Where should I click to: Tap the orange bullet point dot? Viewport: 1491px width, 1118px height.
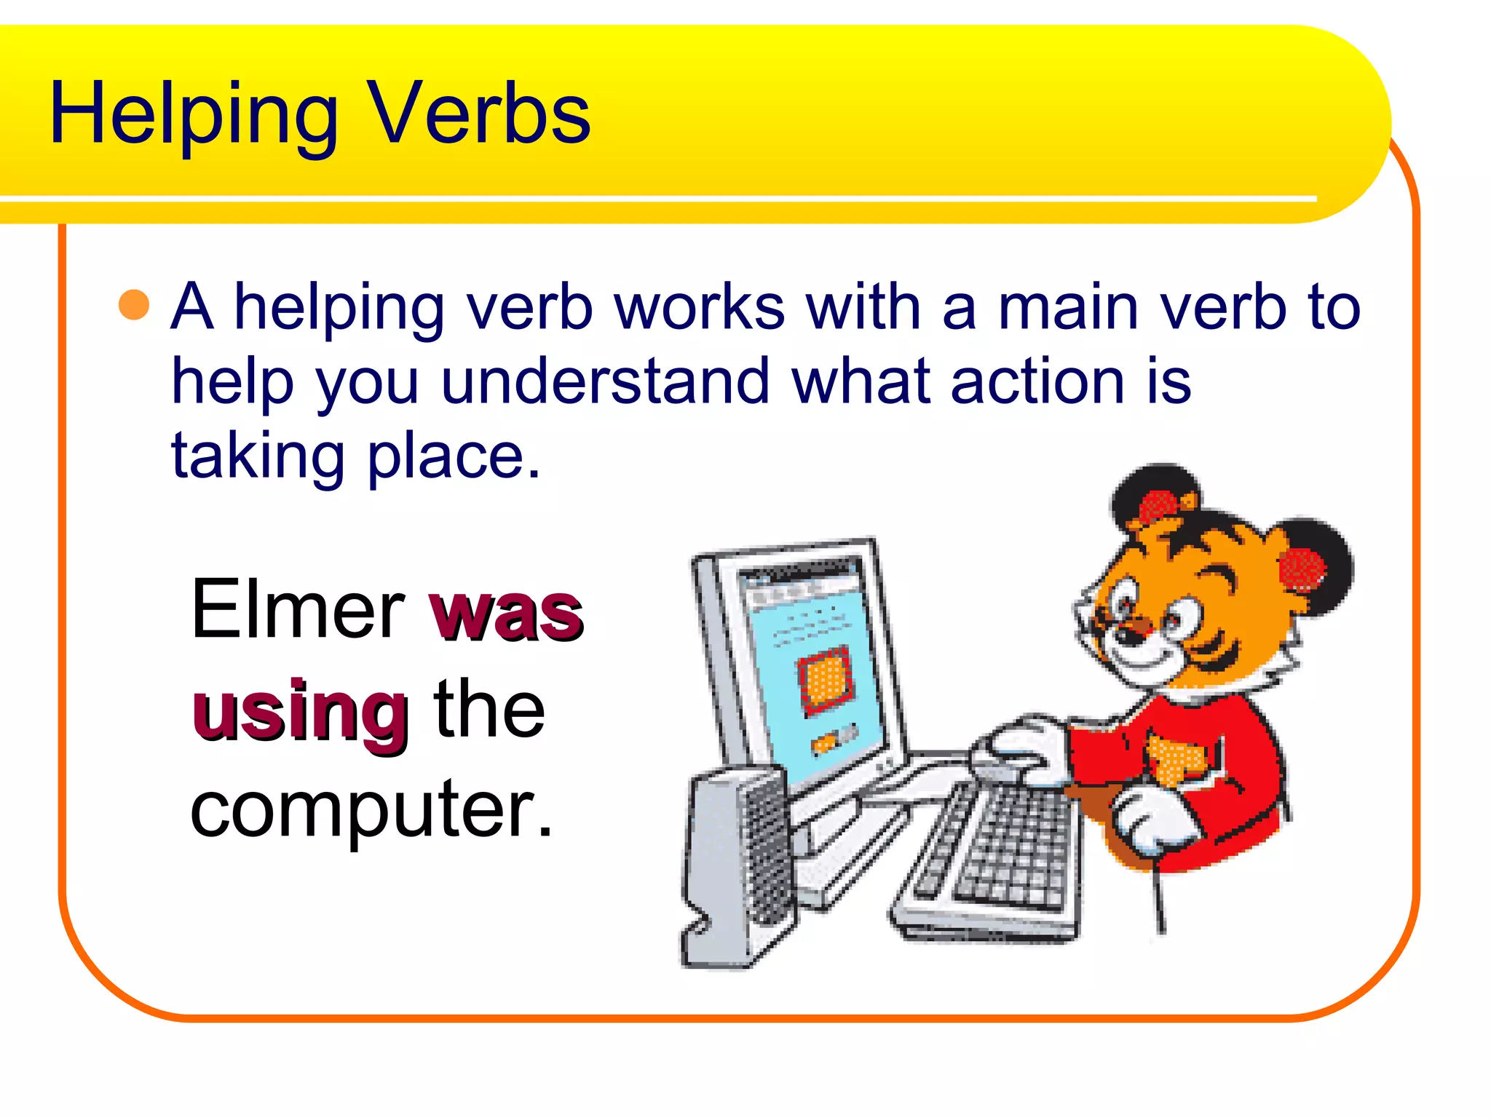(x=134, y=305)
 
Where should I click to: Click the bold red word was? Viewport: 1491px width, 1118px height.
(x=507, y=613)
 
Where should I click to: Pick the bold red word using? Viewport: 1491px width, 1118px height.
(x=300, y=713)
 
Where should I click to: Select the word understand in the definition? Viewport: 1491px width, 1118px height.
(x=605, y=381)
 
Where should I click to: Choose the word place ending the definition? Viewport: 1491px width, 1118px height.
(x=453, y=457)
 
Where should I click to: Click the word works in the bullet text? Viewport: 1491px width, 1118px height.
(x=699, y=307)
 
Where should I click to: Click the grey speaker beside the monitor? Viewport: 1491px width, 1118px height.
(x=735, y=866)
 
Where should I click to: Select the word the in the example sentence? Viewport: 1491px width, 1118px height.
(x=489, y=710)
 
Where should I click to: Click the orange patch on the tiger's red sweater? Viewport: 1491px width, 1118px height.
(x=1176, y=761)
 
